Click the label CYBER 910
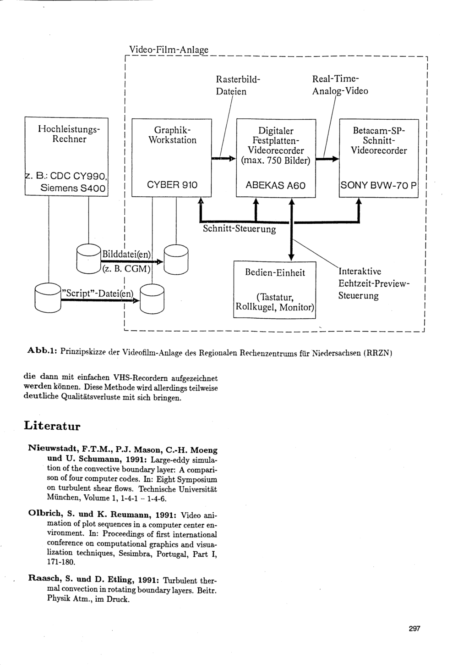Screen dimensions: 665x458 172,185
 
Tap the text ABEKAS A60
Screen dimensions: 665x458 276,185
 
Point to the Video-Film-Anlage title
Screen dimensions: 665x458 169,50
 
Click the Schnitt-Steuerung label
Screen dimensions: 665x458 239,229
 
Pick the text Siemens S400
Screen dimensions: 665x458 73,188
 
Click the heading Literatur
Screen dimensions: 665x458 52,426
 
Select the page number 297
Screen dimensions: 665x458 414,629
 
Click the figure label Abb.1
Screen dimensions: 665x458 42,351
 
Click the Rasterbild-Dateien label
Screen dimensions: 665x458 238,85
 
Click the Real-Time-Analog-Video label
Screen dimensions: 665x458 339,85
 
